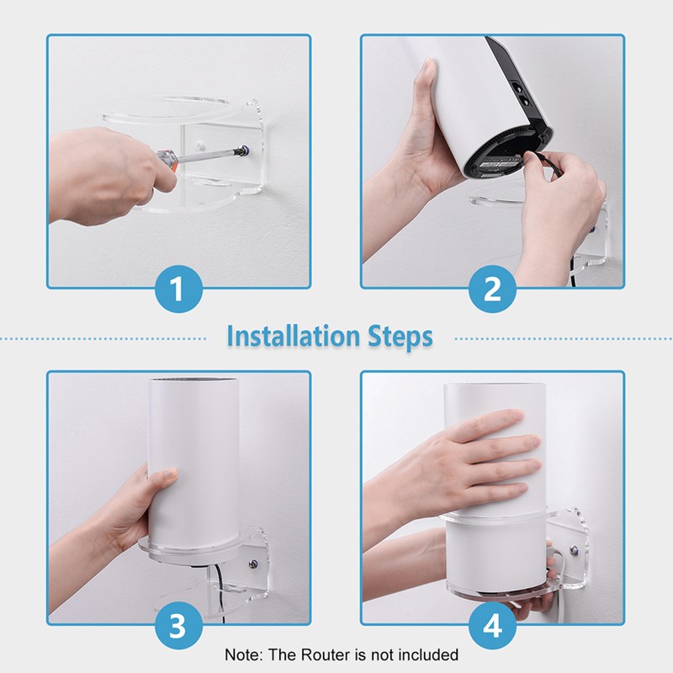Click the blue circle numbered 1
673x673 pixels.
coord(178,290)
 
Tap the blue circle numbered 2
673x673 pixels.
coord(493,290)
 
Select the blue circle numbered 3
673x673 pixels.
coord(178,627)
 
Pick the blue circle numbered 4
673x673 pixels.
coord(493,627)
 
